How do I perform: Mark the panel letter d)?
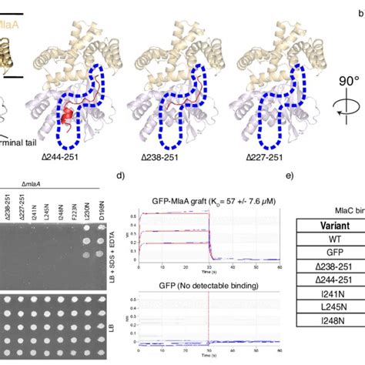point(121,176)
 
